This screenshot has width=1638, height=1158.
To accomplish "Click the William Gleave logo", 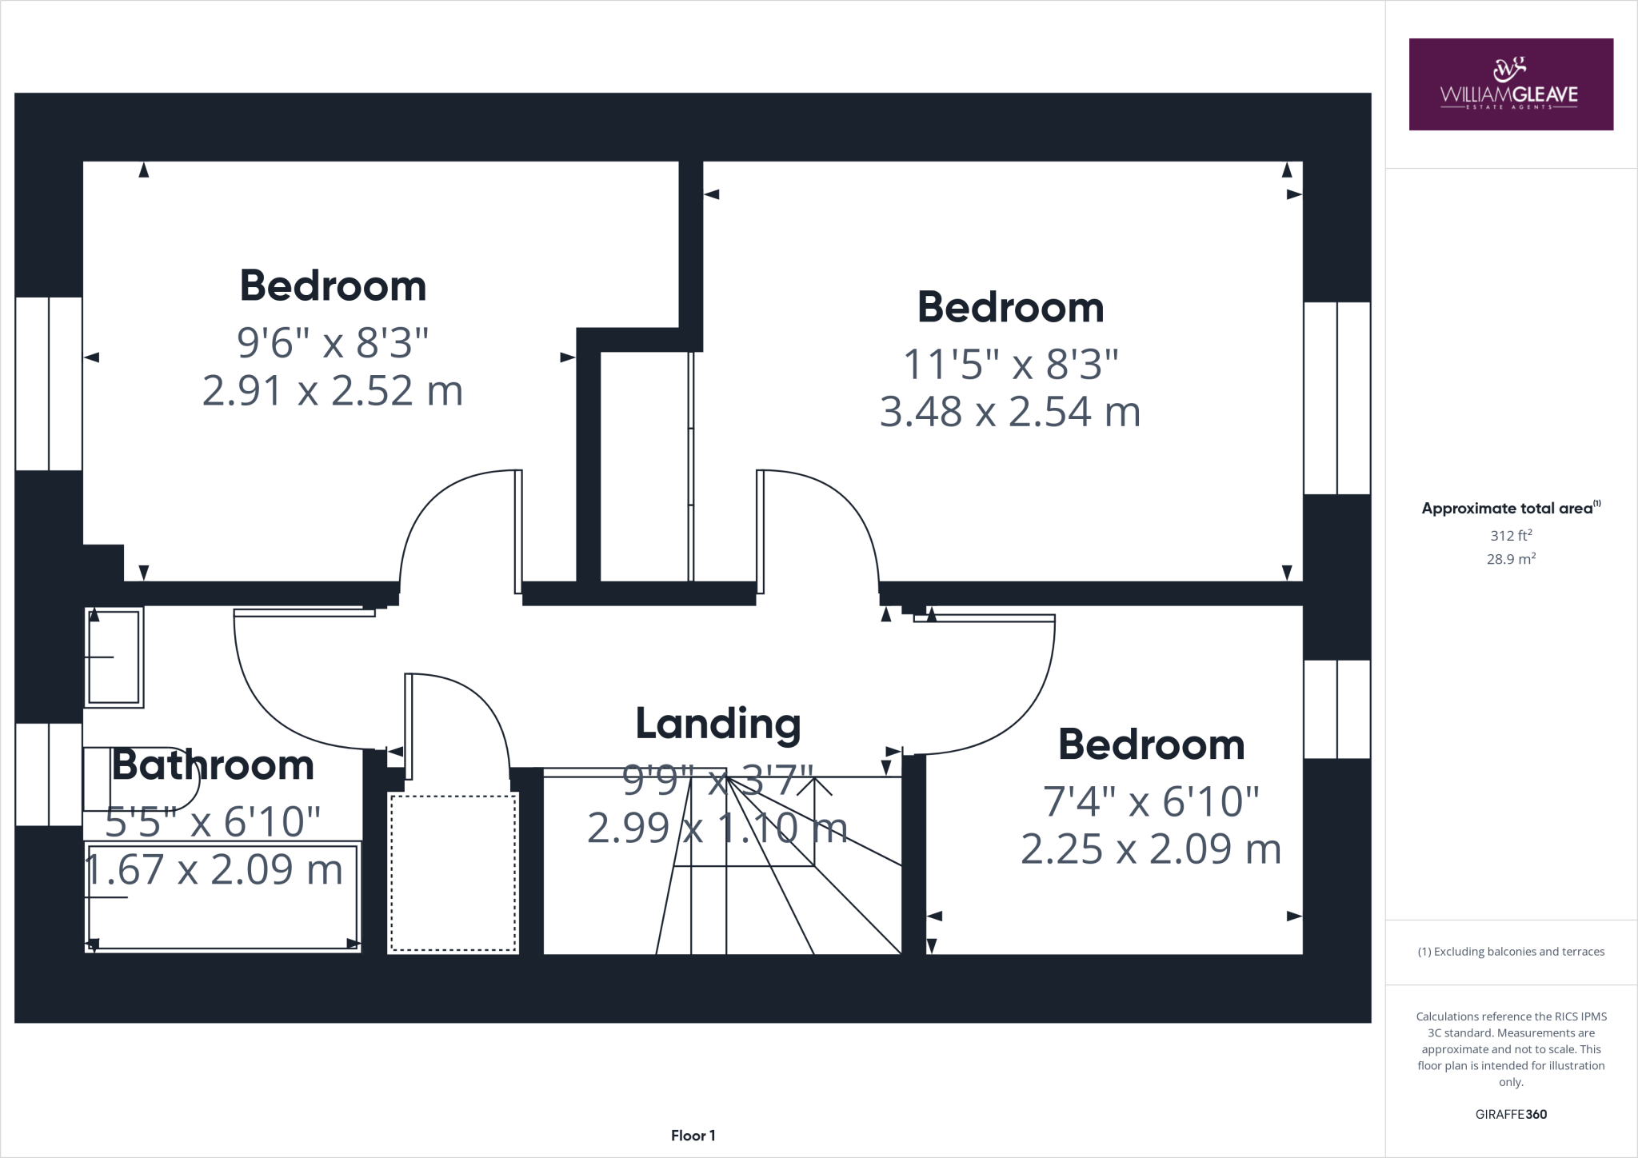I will pos(1510,84).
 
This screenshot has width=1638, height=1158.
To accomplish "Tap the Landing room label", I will pos(717,724).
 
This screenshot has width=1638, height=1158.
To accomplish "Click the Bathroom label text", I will pos(212,765).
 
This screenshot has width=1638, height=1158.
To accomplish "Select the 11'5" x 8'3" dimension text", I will pos(1009,364).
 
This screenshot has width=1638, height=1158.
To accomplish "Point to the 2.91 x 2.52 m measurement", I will pos(332,391).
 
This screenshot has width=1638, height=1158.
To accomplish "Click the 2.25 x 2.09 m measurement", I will pos(1150,849).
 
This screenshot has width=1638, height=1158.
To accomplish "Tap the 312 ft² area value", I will pos(1510,535).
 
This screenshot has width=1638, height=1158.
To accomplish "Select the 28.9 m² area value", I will pos(1510,559).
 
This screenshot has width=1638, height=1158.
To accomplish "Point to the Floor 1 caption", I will pos(693,1136).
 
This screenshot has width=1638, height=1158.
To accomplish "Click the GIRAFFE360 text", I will pos(1510,1114).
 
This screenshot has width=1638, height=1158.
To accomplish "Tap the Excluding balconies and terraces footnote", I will pos(1510,952).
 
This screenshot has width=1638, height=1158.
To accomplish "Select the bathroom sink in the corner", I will pos(114,657).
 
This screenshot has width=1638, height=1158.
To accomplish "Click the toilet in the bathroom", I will pos(136,780).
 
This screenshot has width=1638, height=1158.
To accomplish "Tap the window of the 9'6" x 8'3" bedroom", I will pos(49,384).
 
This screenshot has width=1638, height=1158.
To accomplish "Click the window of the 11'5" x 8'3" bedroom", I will pos(1336,397).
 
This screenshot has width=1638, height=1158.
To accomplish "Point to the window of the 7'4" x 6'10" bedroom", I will pos(1336,709).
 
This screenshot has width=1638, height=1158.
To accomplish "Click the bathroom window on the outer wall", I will pos(49,774).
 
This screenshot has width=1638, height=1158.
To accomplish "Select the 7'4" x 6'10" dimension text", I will pos(1150,801).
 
